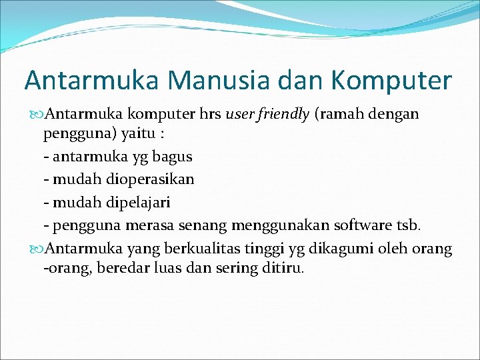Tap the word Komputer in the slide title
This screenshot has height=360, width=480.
tap(391, 81)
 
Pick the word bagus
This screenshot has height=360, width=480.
tap(173, 157)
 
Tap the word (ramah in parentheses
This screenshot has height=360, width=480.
tap(342, 114)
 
